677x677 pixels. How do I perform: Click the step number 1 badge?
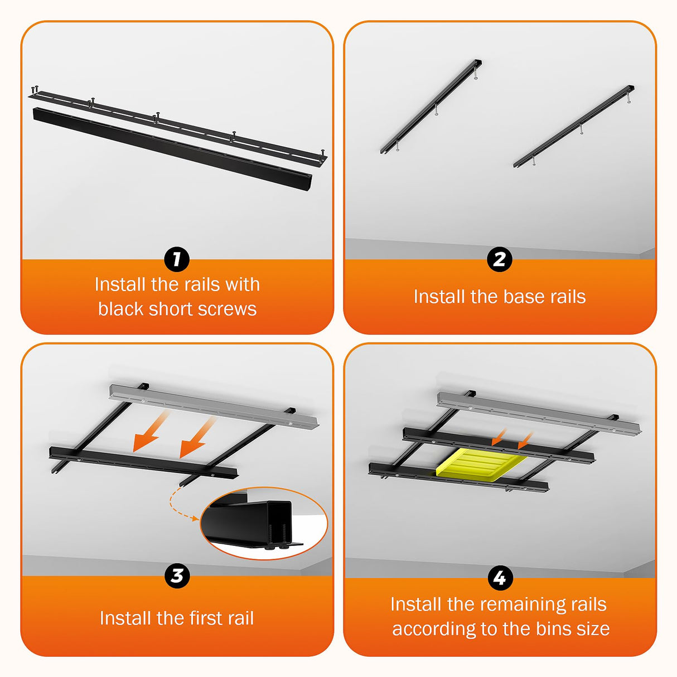(177, 260)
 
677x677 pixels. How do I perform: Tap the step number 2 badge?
(499, 260)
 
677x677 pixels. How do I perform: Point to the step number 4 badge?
(499, 578)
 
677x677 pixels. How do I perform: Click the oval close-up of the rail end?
(264, 524)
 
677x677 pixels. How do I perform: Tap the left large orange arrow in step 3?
(149, 432)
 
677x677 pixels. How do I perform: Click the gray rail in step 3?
(214, 406)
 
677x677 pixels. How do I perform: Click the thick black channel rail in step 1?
(172, 149)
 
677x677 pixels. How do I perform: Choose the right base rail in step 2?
(574, 127)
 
